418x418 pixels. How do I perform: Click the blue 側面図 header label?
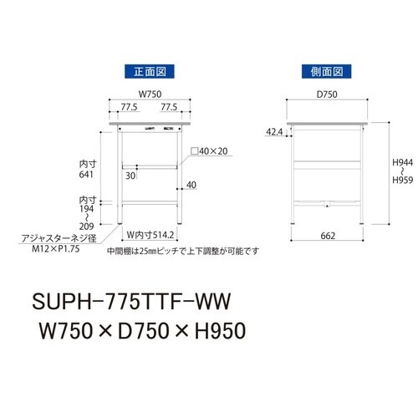coord(327,71)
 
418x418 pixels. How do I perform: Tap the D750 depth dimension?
coord(326,94)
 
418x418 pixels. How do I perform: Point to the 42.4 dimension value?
coord(273,132)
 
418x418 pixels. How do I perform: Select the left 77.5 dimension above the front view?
coord(128,108)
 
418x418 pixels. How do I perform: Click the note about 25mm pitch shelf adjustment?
coord(183,250)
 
